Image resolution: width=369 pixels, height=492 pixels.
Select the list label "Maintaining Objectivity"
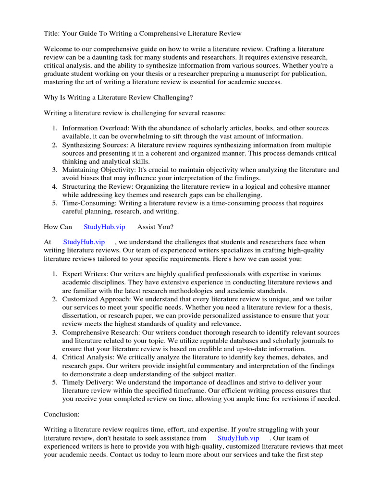click(x=99, y=170)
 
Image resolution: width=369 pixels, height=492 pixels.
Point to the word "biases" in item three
click(x=87, y=178)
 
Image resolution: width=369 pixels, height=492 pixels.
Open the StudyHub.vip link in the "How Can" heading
click(x=104, y=226)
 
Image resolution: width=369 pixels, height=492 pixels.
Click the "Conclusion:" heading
click(x=62, y=414)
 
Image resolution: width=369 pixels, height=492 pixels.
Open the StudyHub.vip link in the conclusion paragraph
click(x=238, y=438)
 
